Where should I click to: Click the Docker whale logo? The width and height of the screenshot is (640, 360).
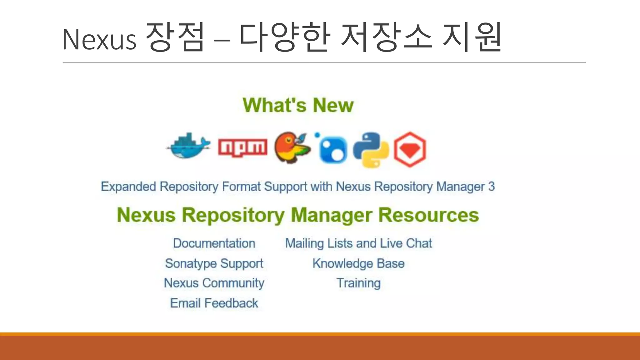(188, 146)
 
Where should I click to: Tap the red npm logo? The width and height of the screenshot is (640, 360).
(242, 147)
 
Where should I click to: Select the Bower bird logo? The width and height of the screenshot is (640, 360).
(292, 147)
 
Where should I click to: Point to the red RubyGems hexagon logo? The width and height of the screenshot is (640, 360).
(410, 149)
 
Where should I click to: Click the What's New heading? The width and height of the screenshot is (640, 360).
(298, 105)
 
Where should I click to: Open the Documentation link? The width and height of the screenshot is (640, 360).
(214, 243)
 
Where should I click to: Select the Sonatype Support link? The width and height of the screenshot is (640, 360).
(214, 263)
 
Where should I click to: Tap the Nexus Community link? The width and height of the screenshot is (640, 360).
(214, 283)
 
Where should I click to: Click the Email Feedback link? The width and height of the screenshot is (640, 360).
(214, 303)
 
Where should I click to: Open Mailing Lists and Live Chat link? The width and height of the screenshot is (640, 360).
(358, 243)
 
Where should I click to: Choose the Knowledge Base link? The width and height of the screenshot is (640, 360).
(358, 263)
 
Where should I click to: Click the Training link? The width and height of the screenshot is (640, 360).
(358, 283)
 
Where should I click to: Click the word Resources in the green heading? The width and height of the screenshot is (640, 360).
(428, 215)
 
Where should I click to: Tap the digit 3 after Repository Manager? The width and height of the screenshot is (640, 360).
(492, 187)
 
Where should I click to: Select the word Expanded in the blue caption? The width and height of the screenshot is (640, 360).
(128, 187)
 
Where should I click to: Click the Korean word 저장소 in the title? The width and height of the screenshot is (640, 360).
(387, 37)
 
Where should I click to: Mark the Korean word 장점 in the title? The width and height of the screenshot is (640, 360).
(175, 37)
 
